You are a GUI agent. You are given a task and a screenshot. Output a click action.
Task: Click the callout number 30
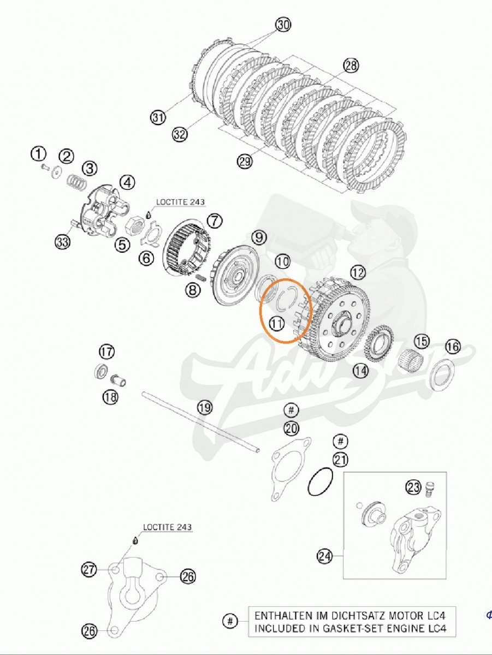click(283, 25)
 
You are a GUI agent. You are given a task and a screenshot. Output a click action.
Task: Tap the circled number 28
click(351, 66)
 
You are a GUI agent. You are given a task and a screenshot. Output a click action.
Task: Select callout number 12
click(358, 271)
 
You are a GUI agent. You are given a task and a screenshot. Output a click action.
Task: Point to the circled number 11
click(277, 324)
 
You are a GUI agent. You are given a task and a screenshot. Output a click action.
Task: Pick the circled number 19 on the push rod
click(204, 407)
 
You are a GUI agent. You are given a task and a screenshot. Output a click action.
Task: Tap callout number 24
click(325, 557)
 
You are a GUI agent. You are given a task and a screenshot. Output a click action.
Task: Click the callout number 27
click(90, 570)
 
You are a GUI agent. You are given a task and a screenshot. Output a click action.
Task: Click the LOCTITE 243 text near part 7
click(180, 202)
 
